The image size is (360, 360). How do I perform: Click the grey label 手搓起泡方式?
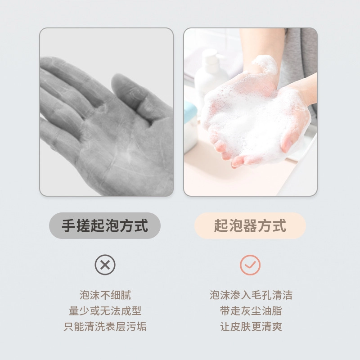click(x=105, y=225)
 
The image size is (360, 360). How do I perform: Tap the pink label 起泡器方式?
click(x=250, y=225)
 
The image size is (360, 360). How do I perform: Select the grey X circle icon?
click(x=105, y=265)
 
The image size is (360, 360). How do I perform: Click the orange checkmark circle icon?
click(x=250, y=265)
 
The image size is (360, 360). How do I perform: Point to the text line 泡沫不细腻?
click(x=105, y=295)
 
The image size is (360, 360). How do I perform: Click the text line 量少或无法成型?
click(x=105, y=311)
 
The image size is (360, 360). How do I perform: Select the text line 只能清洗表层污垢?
click(x=105, y=327)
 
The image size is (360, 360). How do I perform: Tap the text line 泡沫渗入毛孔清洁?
click(x=251, y=295)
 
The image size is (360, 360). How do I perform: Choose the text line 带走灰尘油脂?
click(x=251, y=311)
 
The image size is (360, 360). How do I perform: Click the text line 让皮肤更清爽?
click(x=251, y=327)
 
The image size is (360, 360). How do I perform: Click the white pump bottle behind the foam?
click(x=210, y=76)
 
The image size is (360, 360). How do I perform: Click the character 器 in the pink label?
click(x=250, y=225)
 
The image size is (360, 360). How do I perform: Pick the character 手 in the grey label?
click(x=69, y=225)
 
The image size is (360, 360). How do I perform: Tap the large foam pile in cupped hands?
click(x=250, y=119)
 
